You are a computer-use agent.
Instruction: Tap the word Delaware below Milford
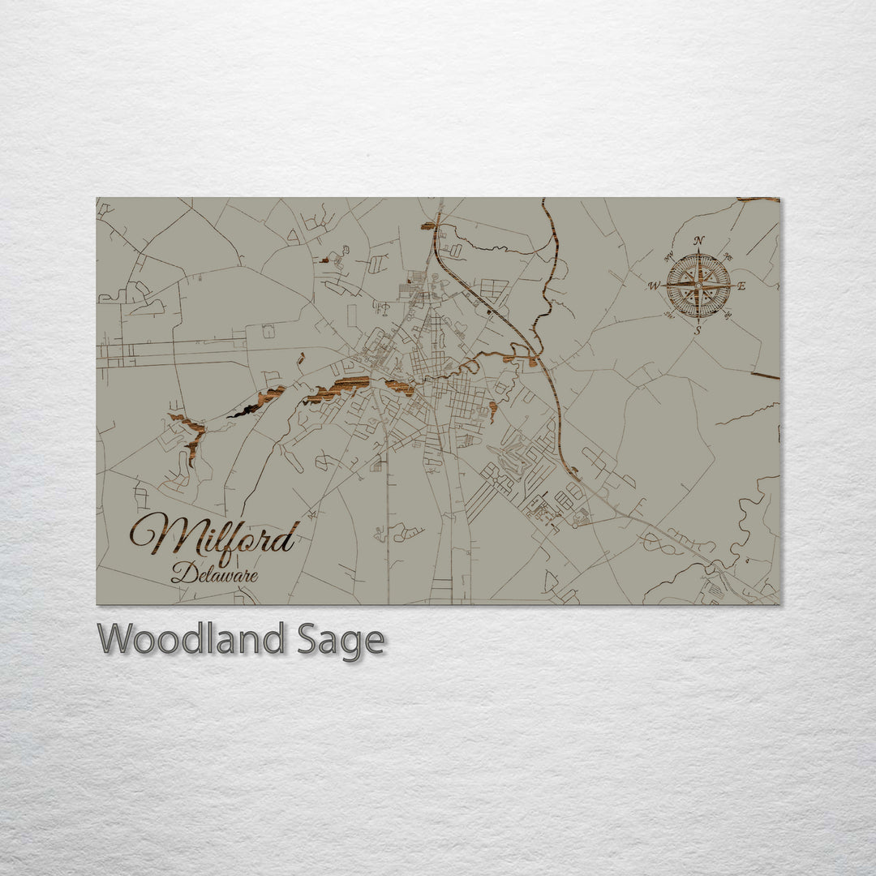pyautogui.click(x=215, y=575)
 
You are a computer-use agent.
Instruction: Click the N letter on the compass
pyautogui.click(x=698, y=240)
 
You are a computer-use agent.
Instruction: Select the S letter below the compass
pyautogui.click(x=698, y=330)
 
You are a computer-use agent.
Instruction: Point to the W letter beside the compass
pyautogui.click(x=653, y=286)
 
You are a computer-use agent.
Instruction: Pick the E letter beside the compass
pyautogui.click(x=741, y=286)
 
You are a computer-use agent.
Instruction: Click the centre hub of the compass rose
pyautogui.click(x=698, y=286)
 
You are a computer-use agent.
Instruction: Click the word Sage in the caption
pyautogui.click(x=338, y=639)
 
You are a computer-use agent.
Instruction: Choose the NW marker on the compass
pyautogui.click(x=669, y=257)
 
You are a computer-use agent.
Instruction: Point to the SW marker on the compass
pyautogui.click(x=669, y=314)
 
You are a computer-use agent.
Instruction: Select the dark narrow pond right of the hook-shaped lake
pyautogui.click(x=243, y=412)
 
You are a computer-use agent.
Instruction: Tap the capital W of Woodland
pyautogui.click(x=116, y=639)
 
